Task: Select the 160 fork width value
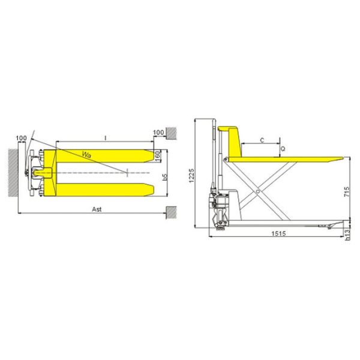tap(157, 154)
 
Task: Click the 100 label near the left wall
tap(22, 138)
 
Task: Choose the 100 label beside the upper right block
tap(158, 132)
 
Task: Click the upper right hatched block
tap(170, 131)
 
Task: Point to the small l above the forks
tap(105, 138)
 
